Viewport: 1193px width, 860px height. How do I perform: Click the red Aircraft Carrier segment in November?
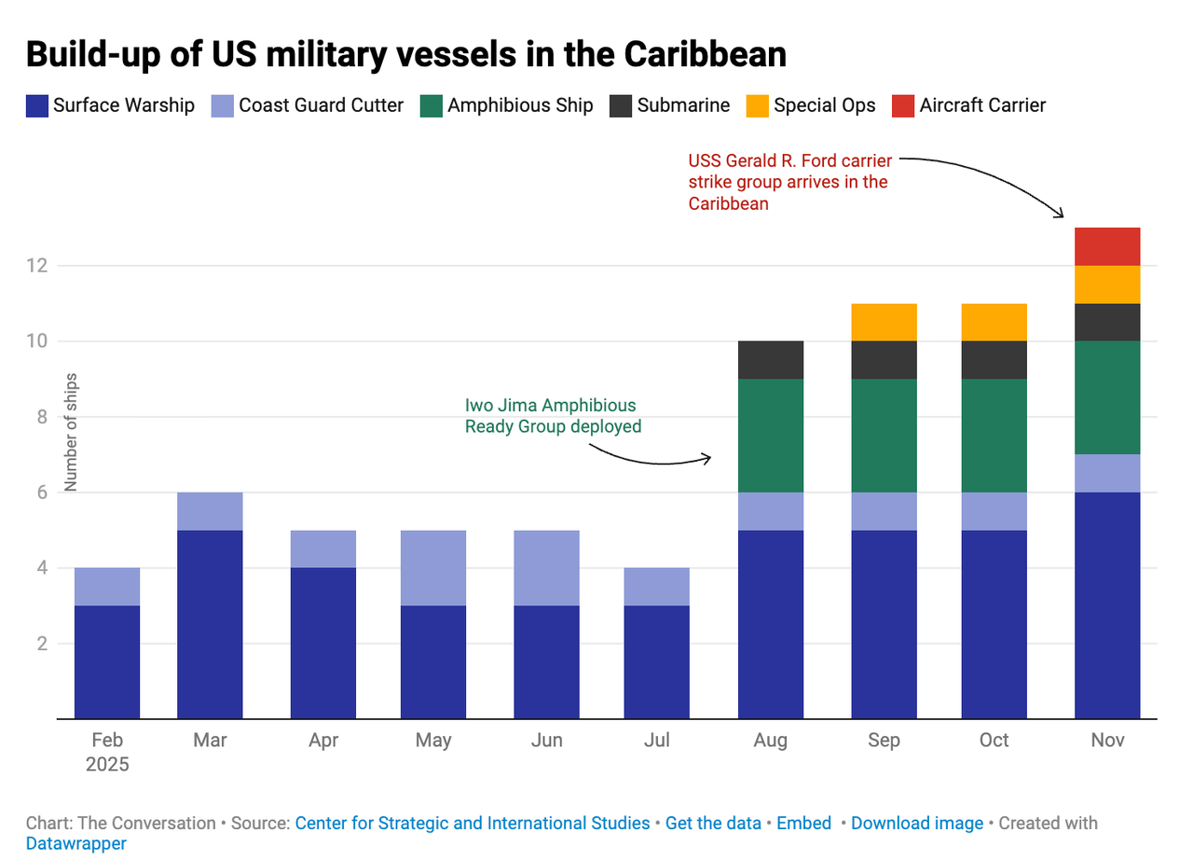pos(1107,246)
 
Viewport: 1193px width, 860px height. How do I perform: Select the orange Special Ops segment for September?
pos(884,322)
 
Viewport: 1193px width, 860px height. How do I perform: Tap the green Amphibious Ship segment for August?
pos(771,435)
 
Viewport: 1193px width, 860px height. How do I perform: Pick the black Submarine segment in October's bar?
pos(994,359)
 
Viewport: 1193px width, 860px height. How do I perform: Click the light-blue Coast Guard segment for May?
pos(433,567)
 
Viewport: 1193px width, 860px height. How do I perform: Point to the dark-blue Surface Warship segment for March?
pos(210,624)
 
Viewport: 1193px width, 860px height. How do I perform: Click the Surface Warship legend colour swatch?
pos(36,105)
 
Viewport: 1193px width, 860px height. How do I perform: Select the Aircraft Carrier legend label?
pos(982,105)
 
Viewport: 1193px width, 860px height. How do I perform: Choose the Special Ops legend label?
pos(825,105)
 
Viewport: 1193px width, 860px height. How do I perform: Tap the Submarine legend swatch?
pos(621,105)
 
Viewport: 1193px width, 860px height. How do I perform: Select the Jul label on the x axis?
pos(657,741)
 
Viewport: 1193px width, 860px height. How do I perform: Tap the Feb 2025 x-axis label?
pos(107,752)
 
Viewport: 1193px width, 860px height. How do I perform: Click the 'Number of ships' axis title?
pos(72,431)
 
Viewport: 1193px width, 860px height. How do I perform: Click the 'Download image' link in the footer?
pos(917,824)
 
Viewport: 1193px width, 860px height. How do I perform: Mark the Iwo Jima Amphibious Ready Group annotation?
pos(553,416)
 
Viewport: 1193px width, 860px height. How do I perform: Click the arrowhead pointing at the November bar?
pos(1062,215)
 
